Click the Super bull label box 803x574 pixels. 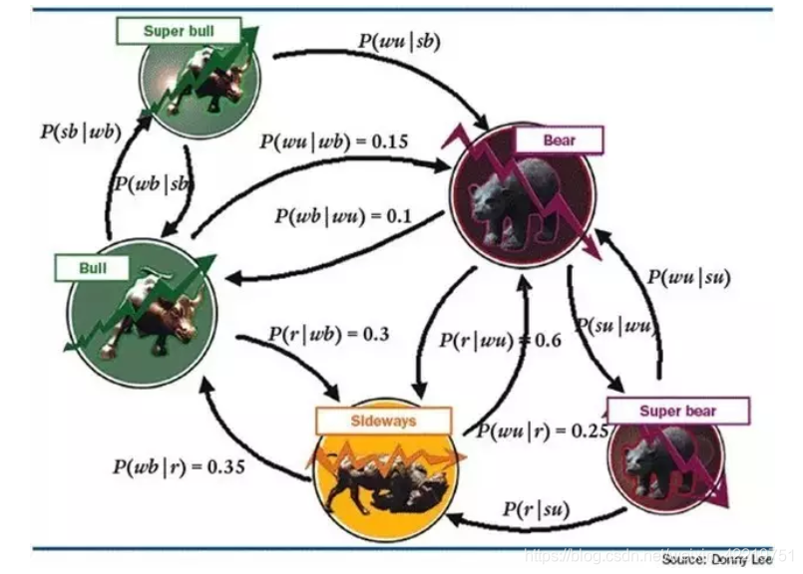click(x=179, y=31)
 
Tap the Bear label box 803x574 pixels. click(x=559, y=141)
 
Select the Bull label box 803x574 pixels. click(x=93, y=268)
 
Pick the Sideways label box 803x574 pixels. click(x=368, y=421)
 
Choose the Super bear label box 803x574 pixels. click(x=677, y=411)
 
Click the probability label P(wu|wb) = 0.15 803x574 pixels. click(x=334, y=141)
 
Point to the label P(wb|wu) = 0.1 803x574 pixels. click(x=345, y=213)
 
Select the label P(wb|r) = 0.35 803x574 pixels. click(x=179, y=465)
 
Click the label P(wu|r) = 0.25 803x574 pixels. click(x=529, y=431)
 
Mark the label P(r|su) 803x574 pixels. click(x=536, y=510)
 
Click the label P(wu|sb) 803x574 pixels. click(x=398, y=42)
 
